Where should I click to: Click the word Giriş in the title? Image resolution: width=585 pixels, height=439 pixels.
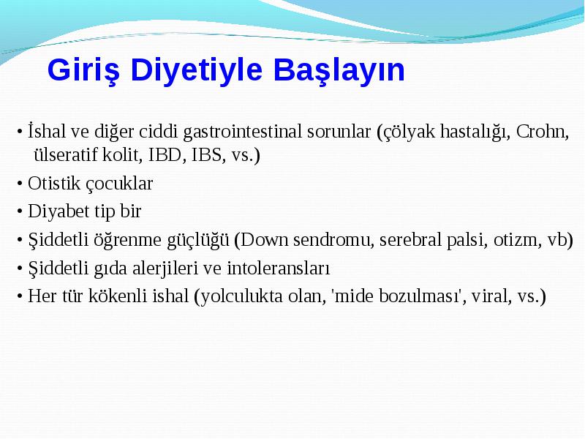click(x=84, y=70)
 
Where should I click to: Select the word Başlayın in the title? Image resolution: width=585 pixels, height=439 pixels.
click(x=339, y=70)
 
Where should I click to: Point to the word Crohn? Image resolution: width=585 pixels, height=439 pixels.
click(x=543, y=132)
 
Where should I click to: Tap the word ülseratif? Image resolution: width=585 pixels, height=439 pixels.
click(x=65, y=154)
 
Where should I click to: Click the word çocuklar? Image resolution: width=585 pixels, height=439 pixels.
click(x=119, y=184)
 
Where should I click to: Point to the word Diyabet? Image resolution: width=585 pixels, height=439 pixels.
click(x=58, y=211)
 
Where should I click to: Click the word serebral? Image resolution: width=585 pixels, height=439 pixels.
click(x=410, y=240)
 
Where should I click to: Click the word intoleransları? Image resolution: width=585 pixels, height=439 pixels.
click(x=279, y=269)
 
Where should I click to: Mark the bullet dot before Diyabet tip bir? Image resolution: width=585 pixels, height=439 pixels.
click(x=20, y=211)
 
